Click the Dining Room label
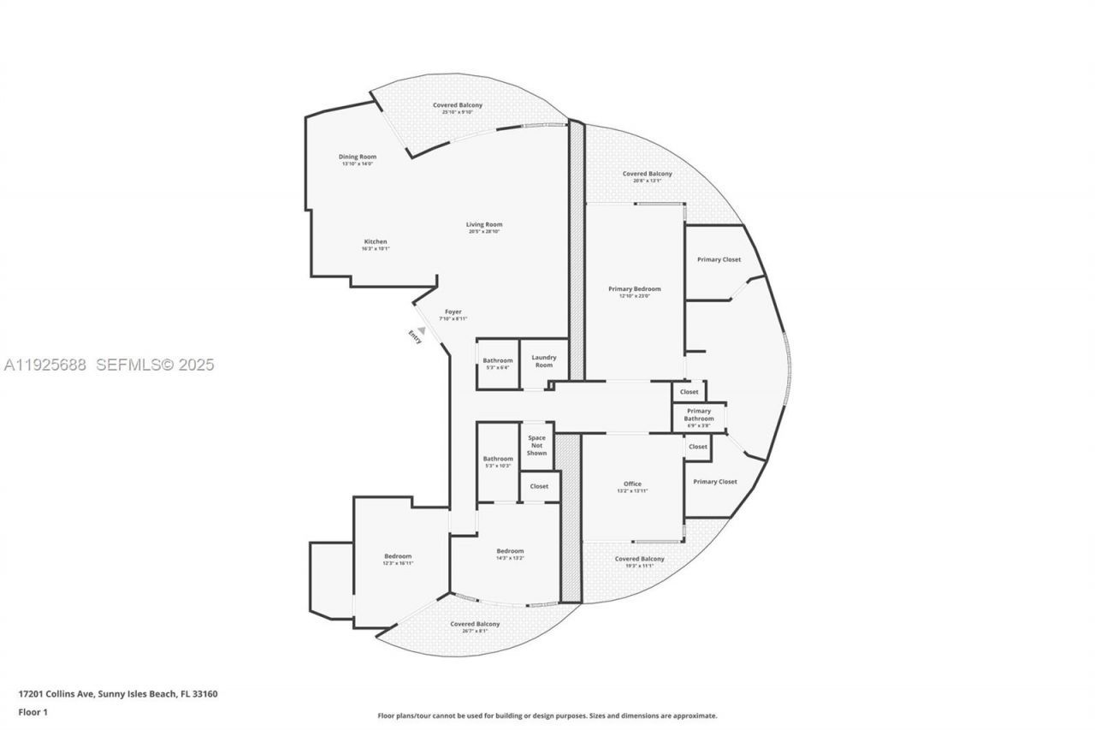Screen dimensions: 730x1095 tap(357, 157)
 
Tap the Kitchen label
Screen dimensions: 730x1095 tap(375, 242)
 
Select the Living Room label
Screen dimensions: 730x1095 tap(484, 225)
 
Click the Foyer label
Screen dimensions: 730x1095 tap(453, 312)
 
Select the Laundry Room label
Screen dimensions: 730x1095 tap(544, 361)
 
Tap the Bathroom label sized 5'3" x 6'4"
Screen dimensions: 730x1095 tap(497, 361)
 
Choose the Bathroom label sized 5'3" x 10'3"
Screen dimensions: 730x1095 tap(497, 459)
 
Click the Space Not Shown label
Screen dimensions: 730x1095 tap(536, 445)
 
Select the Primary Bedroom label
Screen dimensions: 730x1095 tap(634, 289)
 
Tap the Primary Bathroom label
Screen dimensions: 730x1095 tap(699, 415)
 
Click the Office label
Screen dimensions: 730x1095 tap(632, 484)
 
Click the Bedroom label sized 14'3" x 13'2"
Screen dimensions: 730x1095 tap(510, 551)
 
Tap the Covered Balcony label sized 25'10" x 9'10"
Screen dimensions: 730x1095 tap(457, 105)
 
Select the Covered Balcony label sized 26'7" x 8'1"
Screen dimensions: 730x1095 tap(475, 625)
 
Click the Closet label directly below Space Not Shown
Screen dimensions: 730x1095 tap(539, 486)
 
